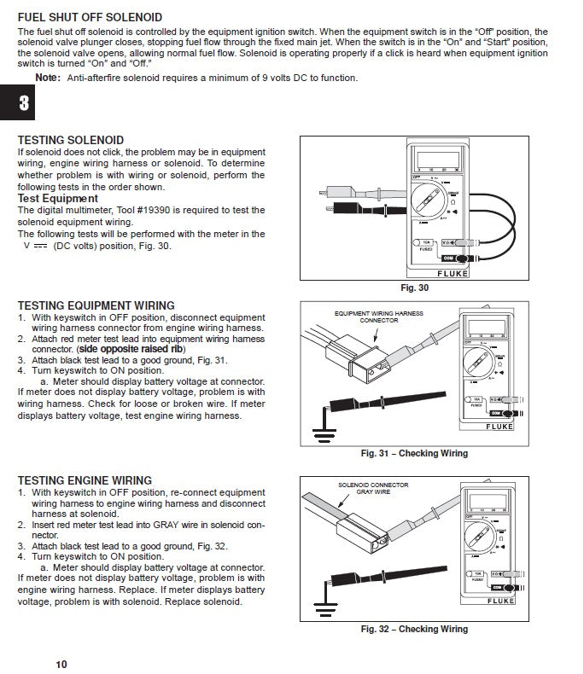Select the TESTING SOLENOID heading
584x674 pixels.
pos(70,140)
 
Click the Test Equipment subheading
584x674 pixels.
pos(57,199)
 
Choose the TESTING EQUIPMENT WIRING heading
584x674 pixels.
pos(96,305)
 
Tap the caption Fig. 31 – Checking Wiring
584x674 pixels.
pos(414,453)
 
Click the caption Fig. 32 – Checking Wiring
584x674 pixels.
pos(414,630)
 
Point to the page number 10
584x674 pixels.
pos(61,665)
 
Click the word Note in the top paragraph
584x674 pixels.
pos(47,78)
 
